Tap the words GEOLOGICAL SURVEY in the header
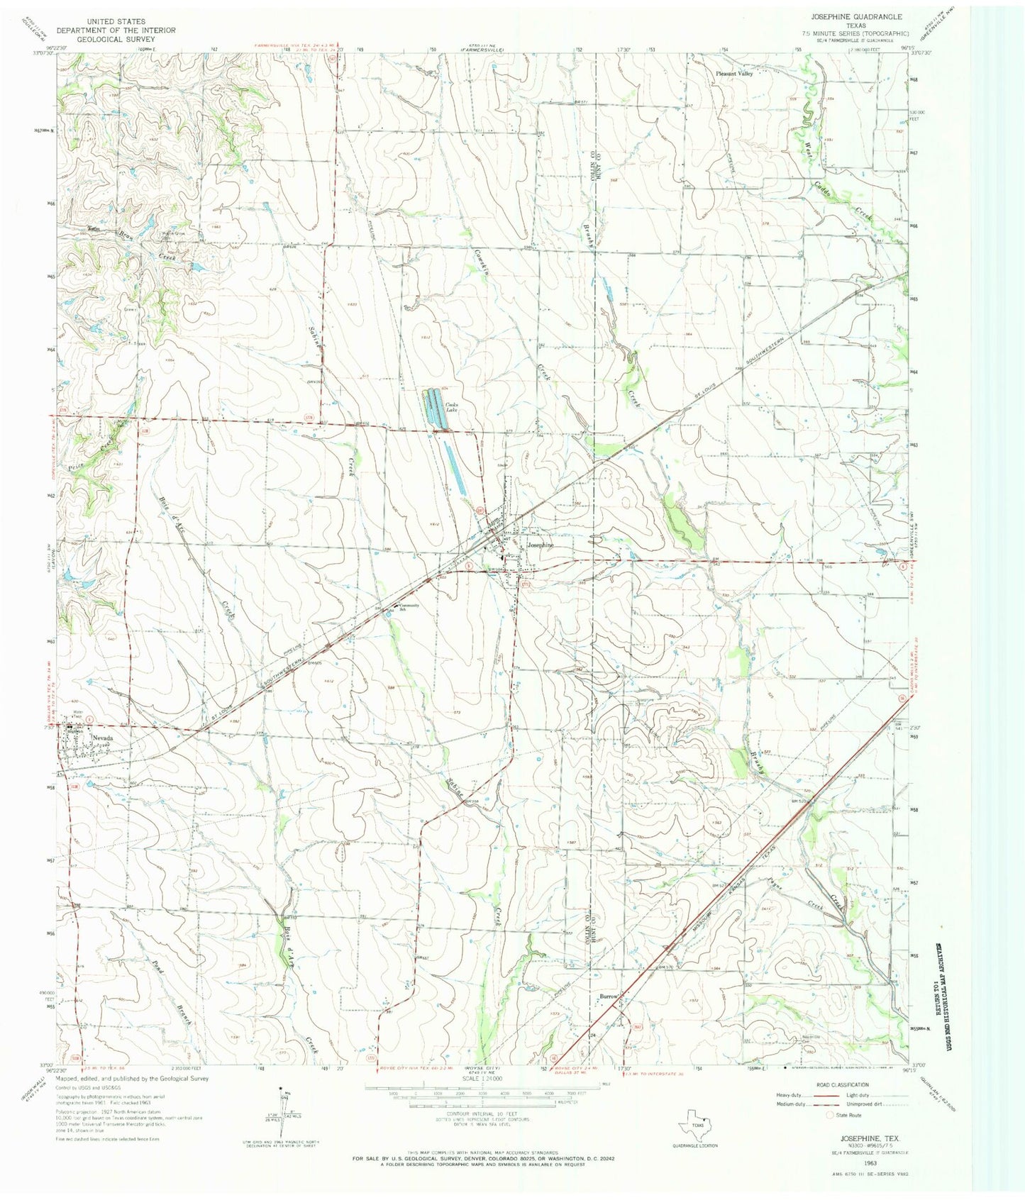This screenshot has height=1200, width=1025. [116, 40]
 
